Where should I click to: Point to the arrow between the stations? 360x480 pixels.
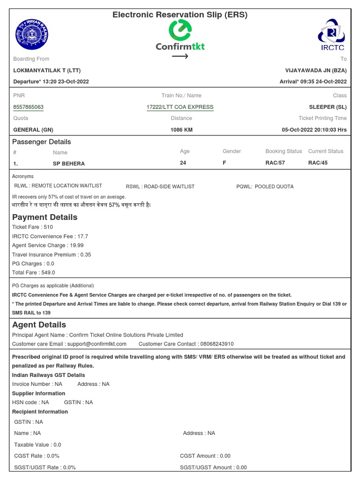pyautogui.click(x=180, y=57)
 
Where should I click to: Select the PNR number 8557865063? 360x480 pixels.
pyautogui.click(x=29, y=107)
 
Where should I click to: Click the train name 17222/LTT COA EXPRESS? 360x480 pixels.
pyautogui.click(x=180, y=107)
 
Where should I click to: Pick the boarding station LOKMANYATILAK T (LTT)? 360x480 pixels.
pyautogui.click(x=47, y=70)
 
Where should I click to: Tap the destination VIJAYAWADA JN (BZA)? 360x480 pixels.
pyautogui.click(x=316, y=70)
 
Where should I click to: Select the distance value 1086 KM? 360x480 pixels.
pyautogui.click(x=181, y=129)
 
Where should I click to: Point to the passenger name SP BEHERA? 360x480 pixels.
pyautogui.click(x=69, y=164)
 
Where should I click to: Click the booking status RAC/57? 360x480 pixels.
pyautogui.click(x=275, y=163)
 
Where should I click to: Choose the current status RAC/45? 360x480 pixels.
pyautogui.click(x=318, y=163)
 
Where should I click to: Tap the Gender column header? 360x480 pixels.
pyautogui.click(x=232, y=151)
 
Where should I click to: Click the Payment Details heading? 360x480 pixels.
pyautogui.click(x=45, y=217)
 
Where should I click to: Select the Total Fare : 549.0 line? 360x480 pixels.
pyautogui.click(x=34, y=272)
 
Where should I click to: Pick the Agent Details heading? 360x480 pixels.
pyautogui.click(x=39, y=325)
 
